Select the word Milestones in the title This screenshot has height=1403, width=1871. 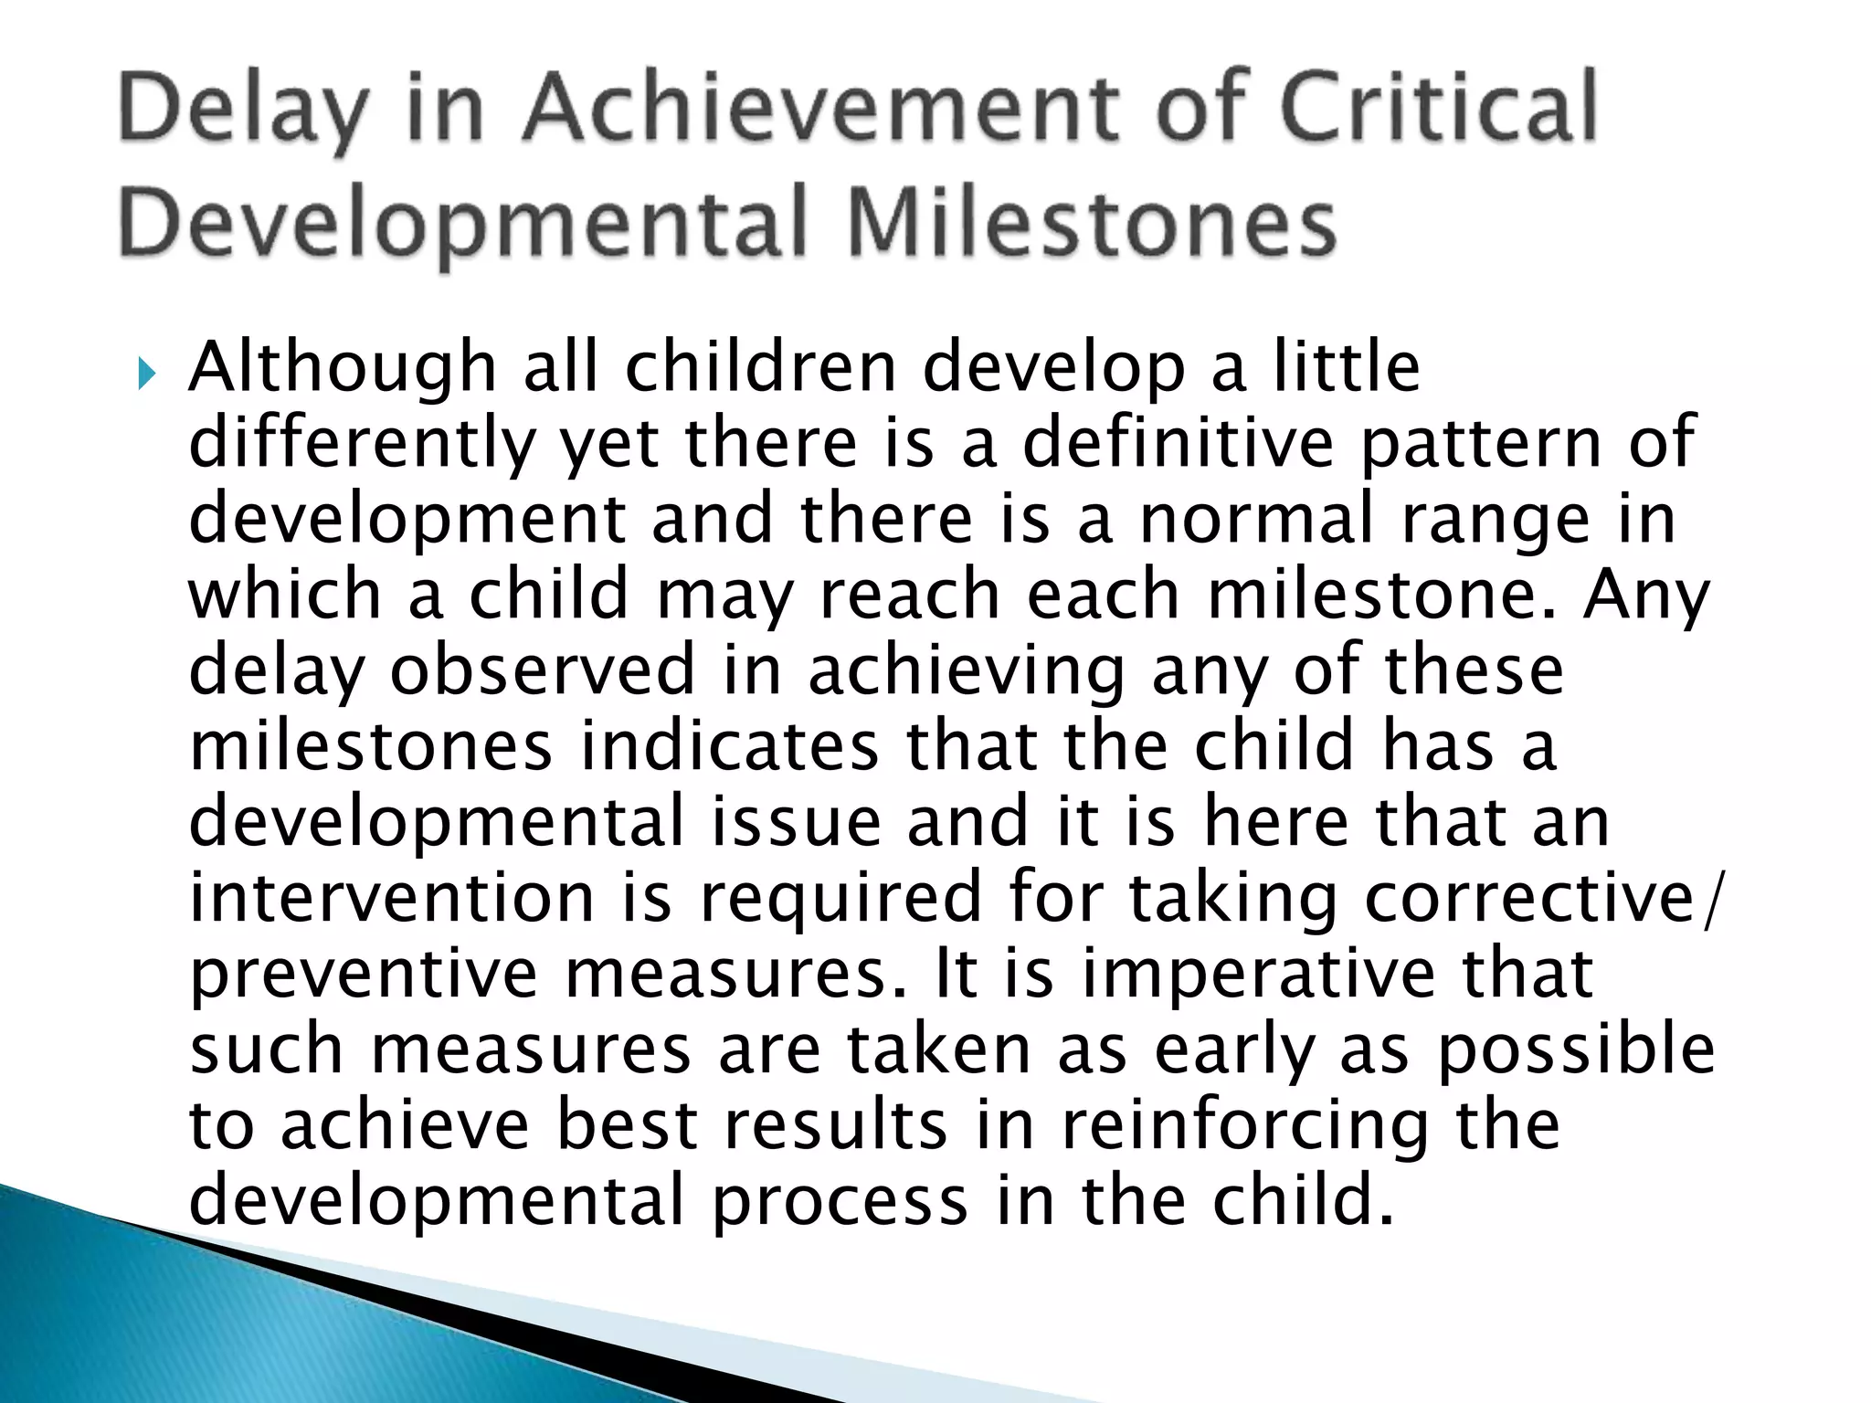(1092, 224)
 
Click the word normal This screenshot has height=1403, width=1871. (1257, 520)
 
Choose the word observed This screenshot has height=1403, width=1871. (543, 671)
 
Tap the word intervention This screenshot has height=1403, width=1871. (392, 898)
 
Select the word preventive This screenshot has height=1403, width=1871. (364, 976)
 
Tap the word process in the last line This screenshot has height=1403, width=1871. (840, 1204)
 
